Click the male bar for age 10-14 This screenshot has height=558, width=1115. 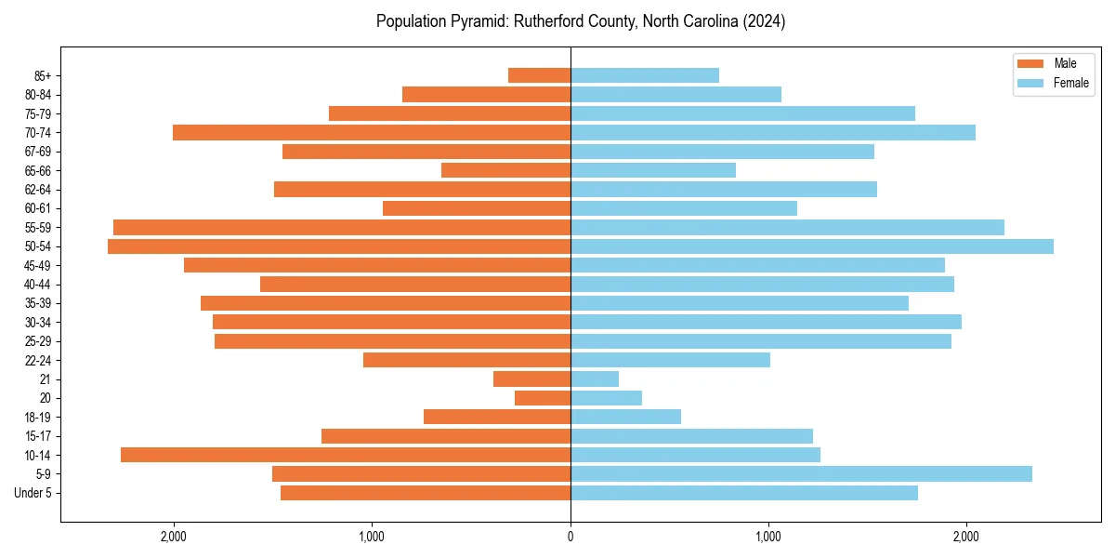click(346, 455)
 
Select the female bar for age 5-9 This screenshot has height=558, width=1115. click(801, 473)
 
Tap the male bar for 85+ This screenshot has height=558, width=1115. click(539, 75)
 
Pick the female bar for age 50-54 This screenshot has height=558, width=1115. click(812, 246)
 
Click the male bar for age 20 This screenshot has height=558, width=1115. click(543, 398)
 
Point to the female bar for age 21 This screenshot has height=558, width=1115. click(595, 379)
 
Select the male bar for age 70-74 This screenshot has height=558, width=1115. click(372, 132)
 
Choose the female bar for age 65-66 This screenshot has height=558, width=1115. click(653, 170)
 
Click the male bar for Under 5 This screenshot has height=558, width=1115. click(426, 493)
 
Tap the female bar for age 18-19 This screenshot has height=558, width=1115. click(625, 417)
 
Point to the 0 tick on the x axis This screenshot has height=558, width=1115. click(571, 537)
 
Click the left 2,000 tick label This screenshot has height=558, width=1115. click(174, 537)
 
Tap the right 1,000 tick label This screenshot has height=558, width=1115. click(768, 537)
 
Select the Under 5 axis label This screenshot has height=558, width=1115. click(33, 493)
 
